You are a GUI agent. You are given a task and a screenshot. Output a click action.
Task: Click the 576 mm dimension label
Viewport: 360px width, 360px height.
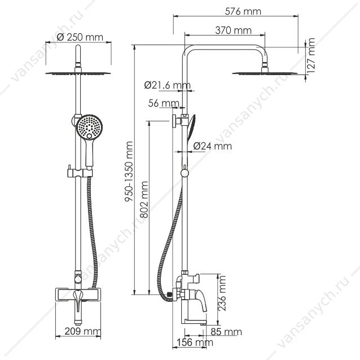pos(243,11)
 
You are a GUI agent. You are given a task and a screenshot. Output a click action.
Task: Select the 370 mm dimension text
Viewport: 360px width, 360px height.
pos(233,30)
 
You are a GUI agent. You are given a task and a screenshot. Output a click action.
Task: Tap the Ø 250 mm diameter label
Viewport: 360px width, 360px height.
pos(80,37)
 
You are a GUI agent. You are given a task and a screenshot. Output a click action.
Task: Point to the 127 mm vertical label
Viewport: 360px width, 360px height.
pos(311,56)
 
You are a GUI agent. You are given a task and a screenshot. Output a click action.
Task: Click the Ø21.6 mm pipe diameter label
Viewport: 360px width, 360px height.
pos(168,85)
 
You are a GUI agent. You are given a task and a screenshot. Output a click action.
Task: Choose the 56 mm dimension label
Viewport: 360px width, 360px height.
pos(164,103)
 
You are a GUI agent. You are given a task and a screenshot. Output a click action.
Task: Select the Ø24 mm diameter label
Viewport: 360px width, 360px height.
pos(212,146)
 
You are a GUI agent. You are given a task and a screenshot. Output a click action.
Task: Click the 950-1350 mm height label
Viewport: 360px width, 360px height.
pos(129,172)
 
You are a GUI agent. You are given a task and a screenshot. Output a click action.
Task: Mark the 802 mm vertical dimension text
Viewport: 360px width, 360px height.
pos(144,200)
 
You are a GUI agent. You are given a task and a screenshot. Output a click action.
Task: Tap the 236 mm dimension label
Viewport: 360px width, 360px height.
pos(222,293)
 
